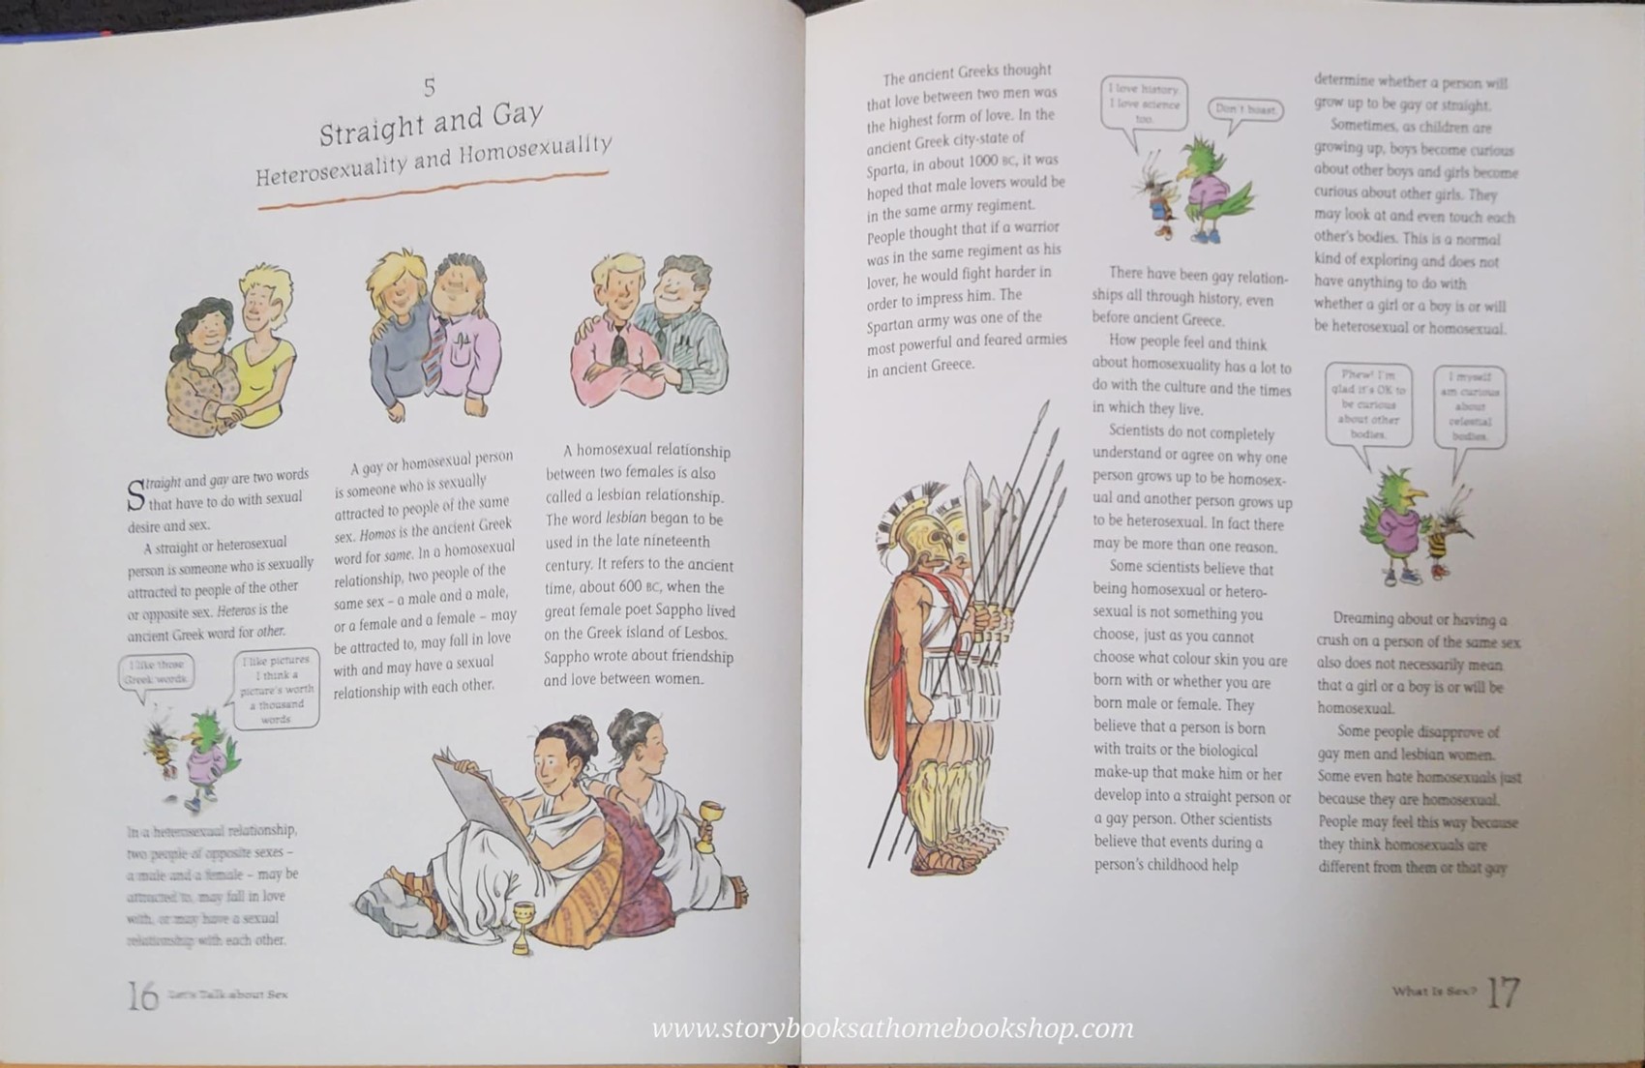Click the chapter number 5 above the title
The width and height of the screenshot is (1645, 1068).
point(430,87)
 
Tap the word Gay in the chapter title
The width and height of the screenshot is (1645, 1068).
point(517,115)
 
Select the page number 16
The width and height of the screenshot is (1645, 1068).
point(142,994)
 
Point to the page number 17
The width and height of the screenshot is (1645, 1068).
point(1503,993)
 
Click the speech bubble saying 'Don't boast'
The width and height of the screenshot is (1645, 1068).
point(1245,109)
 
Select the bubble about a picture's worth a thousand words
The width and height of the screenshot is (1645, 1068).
point(277,690)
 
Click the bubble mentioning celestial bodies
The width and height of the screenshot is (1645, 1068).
point(1470,406)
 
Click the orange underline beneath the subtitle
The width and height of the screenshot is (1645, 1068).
point(432,191)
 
